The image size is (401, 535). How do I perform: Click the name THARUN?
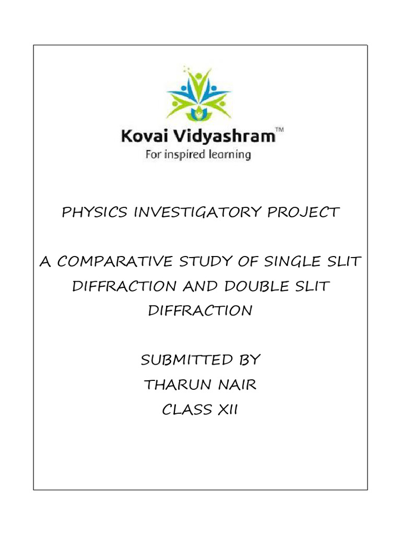pos(175,385)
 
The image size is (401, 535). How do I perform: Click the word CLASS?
pos(185,410)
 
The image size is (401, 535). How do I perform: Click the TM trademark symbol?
pos(279,133)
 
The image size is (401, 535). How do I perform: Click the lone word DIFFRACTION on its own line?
pos(200,311)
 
